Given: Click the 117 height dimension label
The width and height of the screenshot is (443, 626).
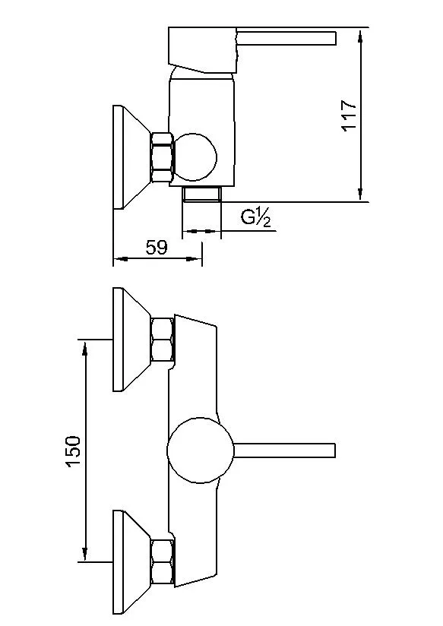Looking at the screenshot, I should point(349,115).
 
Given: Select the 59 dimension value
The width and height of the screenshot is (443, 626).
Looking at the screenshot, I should point(157,248).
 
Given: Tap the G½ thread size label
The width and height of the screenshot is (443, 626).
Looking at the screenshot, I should point(256,219).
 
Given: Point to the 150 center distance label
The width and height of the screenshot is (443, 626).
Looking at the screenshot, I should point(74,451).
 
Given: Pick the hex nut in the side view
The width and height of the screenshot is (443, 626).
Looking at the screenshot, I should point(163,157).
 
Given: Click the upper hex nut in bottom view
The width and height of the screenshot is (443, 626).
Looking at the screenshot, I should point(163,340).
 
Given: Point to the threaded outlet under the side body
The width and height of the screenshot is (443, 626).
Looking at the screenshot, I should point(201,194).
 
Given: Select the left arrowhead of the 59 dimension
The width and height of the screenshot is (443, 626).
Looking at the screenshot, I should point(119,260).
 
